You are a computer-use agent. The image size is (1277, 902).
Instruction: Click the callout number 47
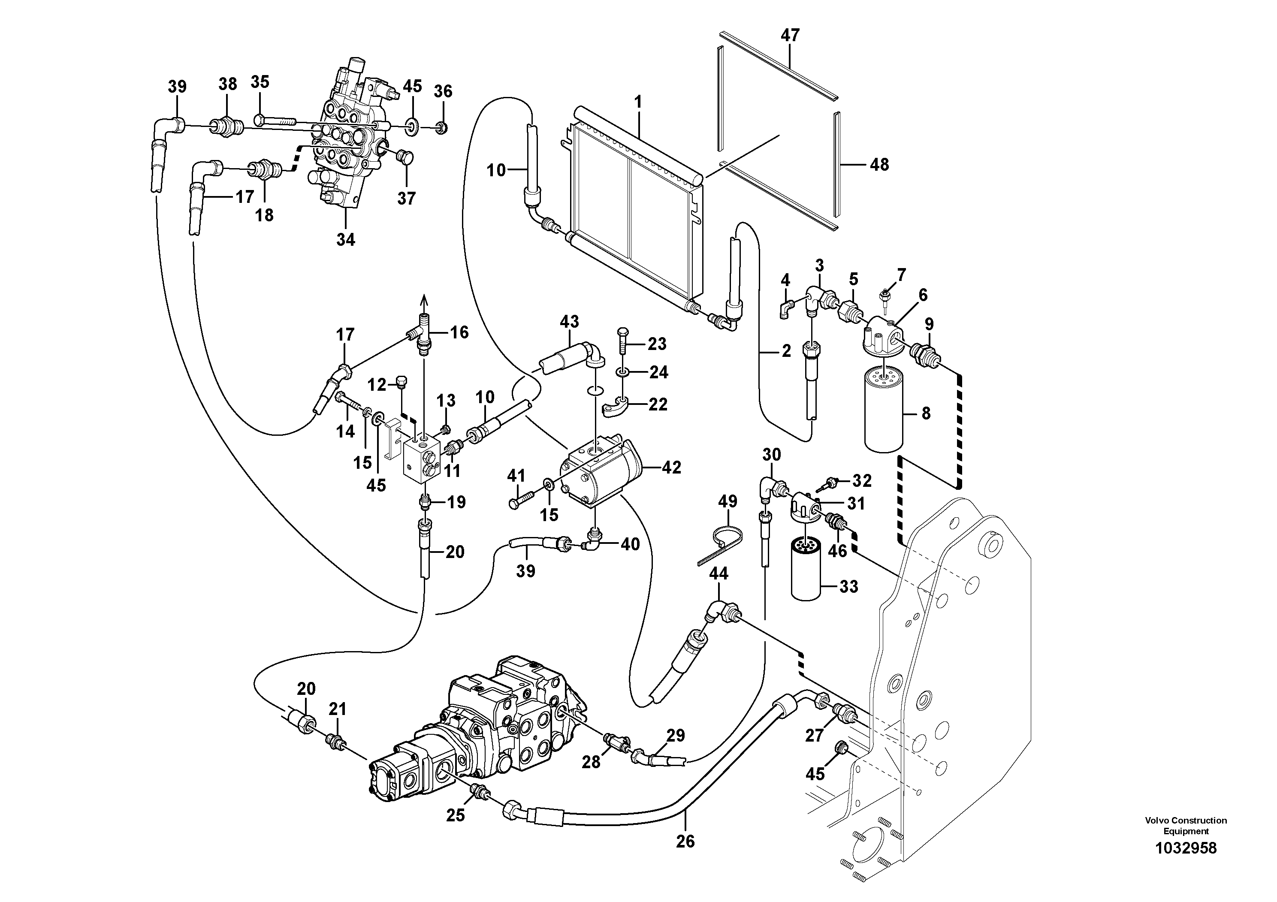click(x=790, y=35)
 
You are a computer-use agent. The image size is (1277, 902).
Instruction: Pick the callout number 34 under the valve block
click(x=345, y=240)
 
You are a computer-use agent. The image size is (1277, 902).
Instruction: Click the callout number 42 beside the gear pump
click(x=671, y=468)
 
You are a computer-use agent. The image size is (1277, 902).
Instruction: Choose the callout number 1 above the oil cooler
click(x=638, y=102)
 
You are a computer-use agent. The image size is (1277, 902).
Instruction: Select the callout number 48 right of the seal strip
click(x=879, y=165)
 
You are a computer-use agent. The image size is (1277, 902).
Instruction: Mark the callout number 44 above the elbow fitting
click(x=719, y=573)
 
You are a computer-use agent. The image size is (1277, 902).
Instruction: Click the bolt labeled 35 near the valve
click(x=275, y=120)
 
